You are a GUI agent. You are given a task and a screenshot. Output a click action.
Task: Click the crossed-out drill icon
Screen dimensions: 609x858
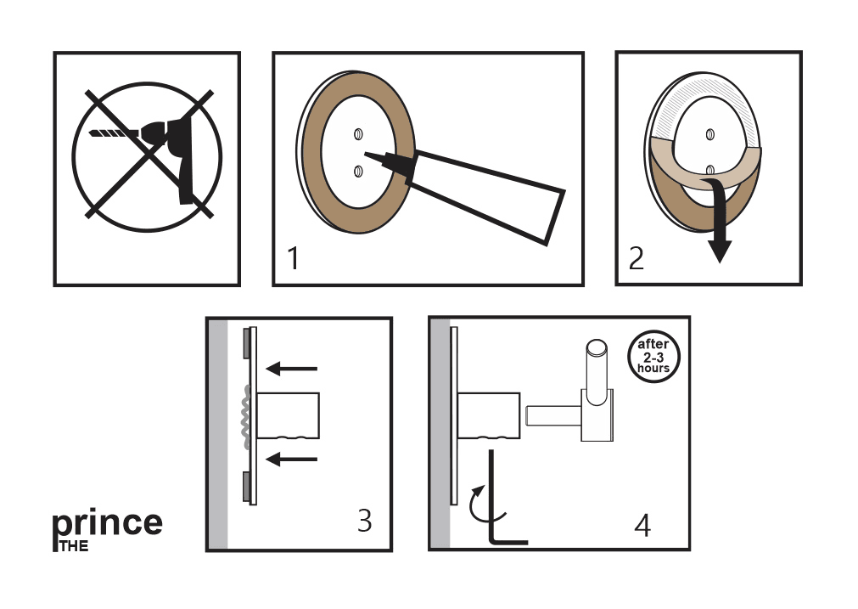click(146, 157)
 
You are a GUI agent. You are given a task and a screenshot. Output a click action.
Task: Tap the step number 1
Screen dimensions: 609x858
click(293, 257)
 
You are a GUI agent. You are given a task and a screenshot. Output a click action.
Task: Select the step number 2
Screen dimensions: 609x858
click(636, 257)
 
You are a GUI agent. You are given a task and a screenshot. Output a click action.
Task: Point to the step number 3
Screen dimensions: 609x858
click(364, 520)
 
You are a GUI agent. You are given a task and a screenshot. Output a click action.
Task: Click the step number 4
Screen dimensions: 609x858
click(642, 525)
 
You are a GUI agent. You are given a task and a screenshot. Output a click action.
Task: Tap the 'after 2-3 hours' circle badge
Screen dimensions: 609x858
click(653, 356)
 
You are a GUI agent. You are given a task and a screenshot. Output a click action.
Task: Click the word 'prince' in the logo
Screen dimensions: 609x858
click(108, 523)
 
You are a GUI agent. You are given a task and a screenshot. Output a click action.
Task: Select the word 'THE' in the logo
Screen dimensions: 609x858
click(74, 546)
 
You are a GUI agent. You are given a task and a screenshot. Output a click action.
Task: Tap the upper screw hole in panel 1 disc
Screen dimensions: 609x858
click(358, 133)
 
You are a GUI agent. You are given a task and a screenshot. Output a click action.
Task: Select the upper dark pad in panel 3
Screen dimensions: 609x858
click(245, 341)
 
